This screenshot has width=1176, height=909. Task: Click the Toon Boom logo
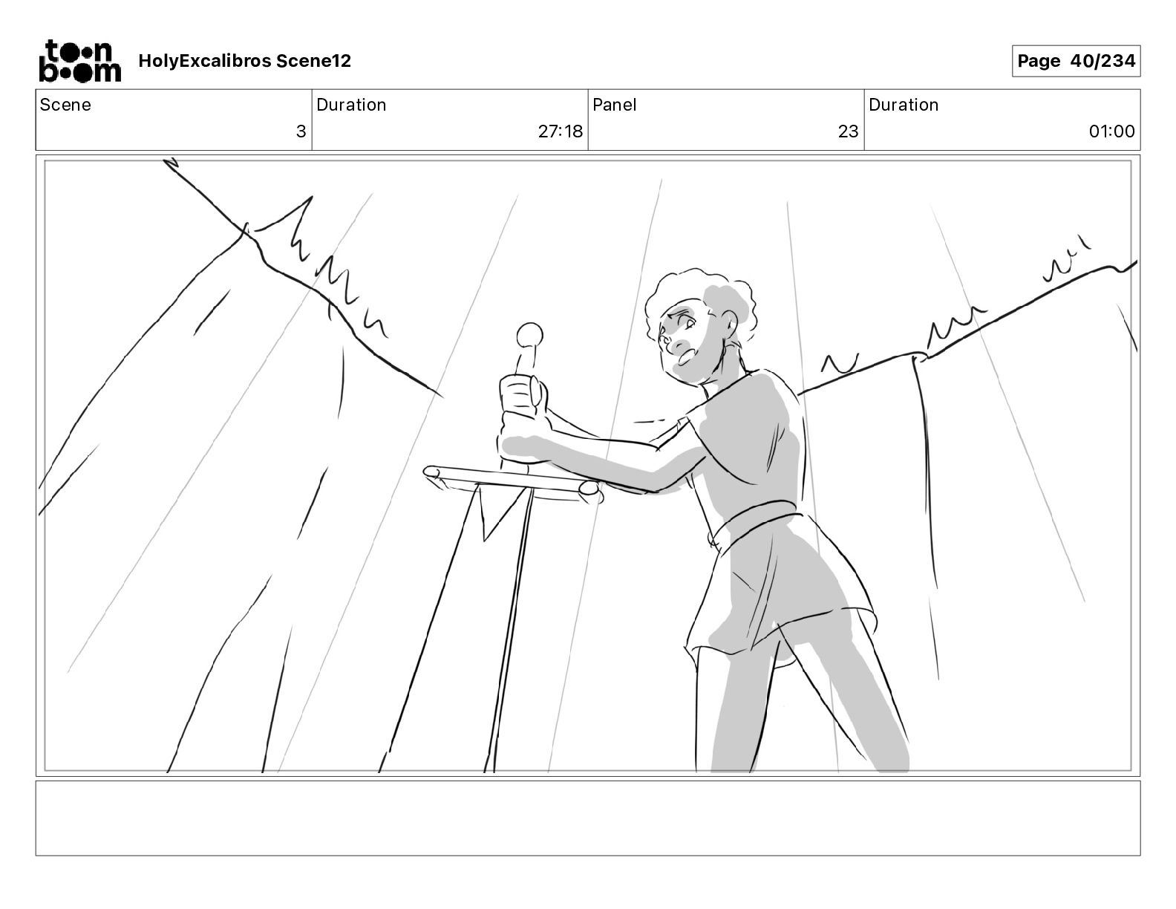80,61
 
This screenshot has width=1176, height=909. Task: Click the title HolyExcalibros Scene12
244,61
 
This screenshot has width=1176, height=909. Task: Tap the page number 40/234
1102,61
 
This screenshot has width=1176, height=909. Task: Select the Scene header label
65,105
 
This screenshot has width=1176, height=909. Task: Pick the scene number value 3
301,131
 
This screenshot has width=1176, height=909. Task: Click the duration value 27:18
560,131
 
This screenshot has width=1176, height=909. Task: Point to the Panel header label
614,105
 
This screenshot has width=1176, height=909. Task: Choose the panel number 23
848,131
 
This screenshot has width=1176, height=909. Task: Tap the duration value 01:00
1111,131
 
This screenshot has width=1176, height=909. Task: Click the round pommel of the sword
529,336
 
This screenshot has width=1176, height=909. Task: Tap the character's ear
729,324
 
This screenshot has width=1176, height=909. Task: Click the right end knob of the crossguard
589,489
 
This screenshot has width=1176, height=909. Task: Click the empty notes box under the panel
588,818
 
